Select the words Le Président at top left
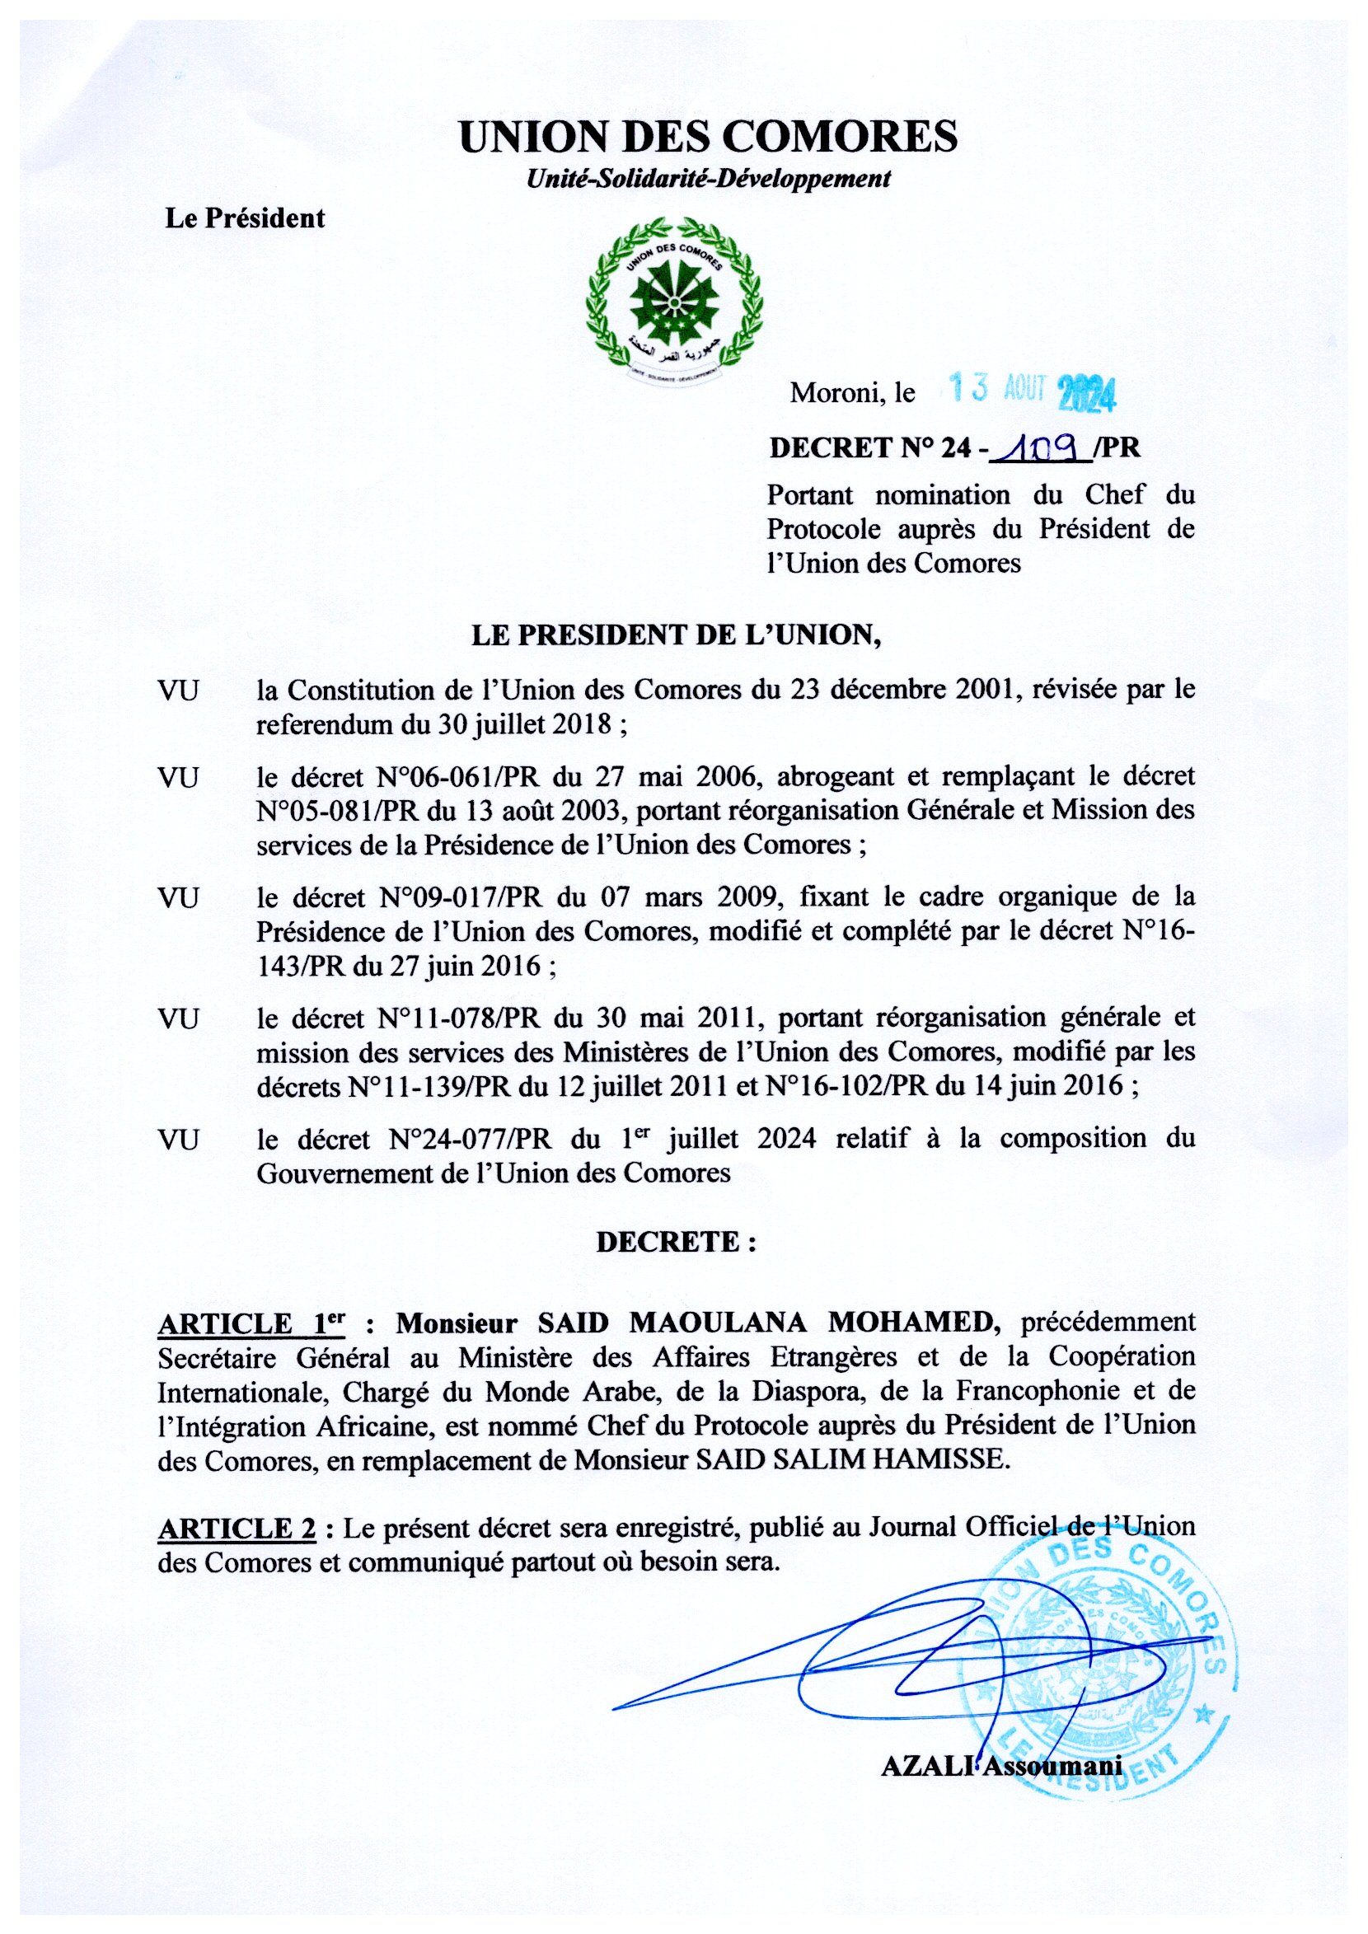[x=244, y=219]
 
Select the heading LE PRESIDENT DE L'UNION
[x=676, y=636]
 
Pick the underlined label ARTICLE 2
[x=237, y=1527]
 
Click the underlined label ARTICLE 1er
[x=251, y=1323]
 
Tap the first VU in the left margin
[x=178, y=691]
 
